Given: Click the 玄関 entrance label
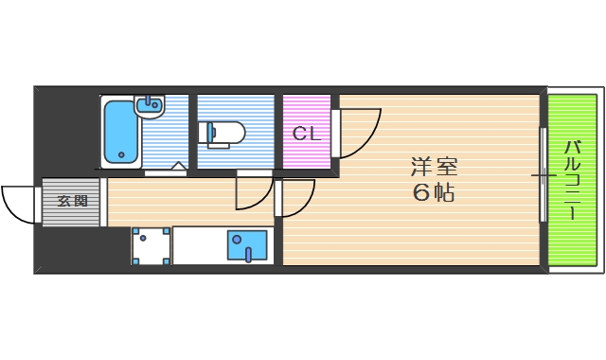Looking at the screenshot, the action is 72,201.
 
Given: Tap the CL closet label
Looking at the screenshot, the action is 307,134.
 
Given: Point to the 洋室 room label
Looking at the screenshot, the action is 434,167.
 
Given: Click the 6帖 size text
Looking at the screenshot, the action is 434,192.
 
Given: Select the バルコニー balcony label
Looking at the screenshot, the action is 572,180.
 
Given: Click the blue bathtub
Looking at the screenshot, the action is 121,132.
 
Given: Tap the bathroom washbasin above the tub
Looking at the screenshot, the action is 150,106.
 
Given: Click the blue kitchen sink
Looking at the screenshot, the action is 247,245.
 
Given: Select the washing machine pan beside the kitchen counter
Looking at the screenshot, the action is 151,246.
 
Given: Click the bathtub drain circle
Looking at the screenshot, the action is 121,154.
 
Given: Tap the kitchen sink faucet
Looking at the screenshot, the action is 248,254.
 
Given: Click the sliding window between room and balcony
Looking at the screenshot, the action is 543,175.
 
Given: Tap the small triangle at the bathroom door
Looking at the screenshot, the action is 179,166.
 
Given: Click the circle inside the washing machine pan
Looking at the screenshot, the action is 143,238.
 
